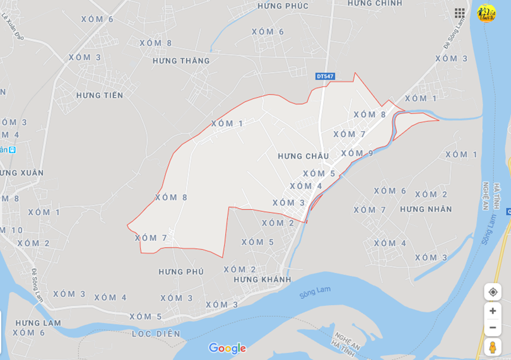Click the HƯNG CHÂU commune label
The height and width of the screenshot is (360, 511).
coord(303,156)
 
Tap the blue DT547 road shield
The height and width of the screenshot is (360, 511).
coord(325,76)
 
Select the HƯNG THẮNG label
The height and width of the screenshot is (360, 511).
coord(181,61)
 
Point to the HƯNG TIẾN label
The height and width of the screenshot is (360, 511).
coord(100,95)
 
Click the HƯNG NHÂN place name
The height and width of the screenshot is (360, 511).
coord(426,209)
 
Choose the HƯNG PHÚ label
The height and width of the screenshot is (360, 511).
coord(181,272)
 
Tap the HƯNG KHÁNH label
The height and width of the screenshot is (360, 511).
coord(262,279)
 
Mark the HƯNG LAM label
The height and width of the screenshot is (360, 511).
coord(38,323)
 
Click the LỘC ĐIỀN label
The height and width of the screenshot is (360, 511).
coord(156,334)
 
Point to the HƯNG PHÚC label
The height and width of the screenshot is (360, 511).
coord(283,6)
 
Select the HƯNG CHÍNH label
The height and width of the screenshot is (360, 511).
coord(375,4)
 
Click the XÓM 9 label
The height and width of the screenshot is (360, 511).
coord(357,153)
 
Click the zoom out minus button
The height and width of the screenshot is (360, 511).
coord(493,327)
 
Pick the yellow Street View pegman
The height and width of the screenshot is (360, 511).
coord(493,347)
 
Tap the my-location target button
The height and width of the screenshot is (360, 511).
coord(493,292)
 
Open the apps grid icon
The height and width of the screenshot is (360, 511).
coord(460,13)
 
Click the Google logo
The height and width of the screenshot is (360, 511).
coord(227,348)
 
